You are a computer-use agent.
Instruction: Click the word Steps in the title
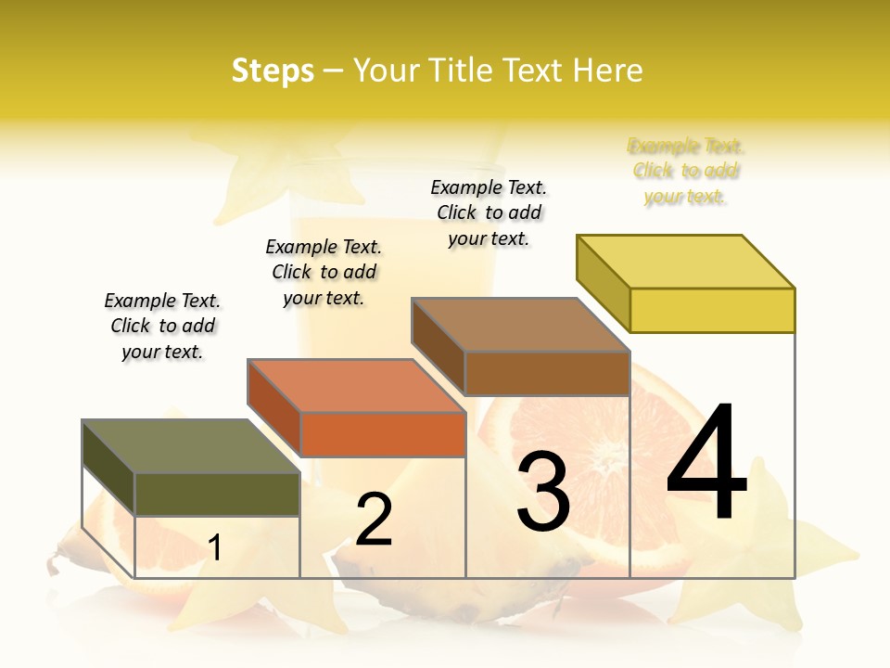click(x=273, y=71)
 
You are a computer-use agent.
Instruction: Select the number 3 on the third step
click(x=542, y=492)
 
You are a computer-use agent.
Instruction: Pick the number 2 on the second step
click(x=374, y=520)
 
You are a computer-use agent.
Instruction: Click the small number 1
click(x=215, y=548)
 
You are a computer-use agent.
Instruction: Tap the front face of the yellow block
click(x=712, y=310)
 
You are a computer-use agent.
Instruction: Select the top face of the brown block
click(x=519, y=325)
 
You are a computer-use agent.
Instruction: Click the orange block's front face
click(x=383, y=434)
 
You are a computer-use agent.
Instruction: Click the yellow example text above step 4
click(x=686, y=171)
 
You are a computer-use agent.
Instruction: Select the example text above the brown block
click(x=489, y=212)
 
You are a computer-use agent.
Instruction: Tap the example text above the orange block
click(x=324, y=272)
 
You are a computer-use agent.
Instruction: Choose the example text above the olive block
click(x=162, y=326)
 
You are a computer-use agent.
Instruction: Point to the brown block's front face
click(x=547, y=373)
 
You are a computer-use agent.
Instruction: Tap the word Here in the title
click(x=608, y=71)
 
